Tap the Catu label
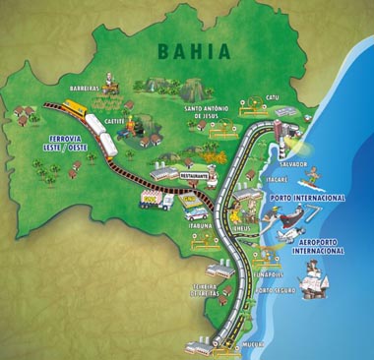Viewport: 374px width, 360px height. coord(273,97)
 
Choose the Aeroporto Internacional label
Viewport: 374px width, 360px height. coord(318,244)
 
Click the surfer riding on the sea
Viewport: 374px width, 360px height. coord(311,178)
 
